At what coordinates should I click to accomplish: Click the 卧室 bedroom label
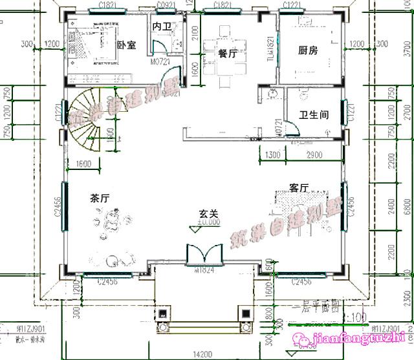click(x=127, y=45)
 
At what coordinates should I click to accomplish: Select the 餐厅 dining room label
click(x=228, y=54)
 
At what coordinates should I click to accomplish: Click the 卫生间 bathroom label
click(x=313, y=116)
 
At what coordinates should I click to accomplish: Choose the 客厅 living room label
click(x=298, y=188)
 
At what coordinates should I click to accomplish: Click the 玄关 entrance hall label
click(x=207, y=214)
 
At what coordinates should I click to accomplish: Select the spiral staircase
click(x=89, y=120)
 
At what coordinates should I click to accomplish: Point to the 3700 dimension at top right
click(x=405, y=48)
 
